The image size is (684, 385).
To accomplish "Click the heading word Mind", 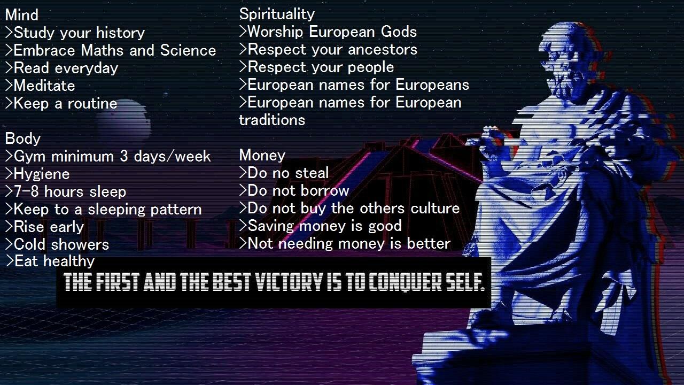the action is point(22,15).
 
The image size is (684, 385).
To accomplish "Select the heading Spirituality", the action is point(277,14).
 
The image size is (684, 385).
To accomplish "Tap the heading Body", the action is point(22,138).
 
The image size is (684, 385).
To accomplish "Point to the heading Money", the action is point(262,155).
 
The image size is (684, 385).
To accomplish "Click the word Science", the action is point(188,50).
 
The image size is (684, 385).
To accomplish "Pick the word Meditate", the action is point(44,86).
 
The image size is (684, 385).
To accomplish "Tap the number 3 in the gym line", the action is point(123,156).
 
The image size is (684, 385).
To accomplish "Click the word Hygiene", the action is point(42,174).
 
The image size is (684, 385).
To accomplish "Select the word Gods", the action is point(399,32).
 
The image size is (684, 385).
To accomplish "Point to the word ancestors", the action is point(382,50).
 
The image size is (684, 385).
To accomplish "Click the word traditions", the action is point(272,120).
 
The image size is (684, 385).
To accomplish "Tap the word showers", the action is point(80,244).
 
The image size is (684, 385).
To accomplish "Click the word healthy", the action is point(69,261).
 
